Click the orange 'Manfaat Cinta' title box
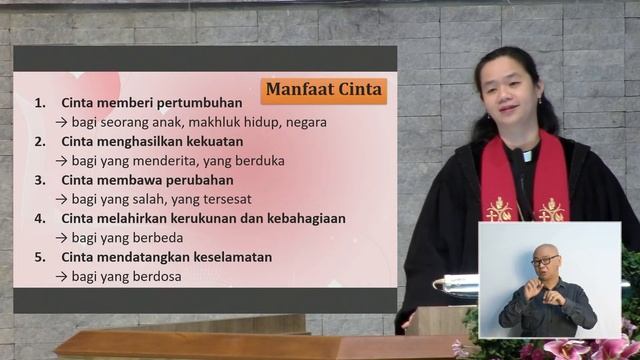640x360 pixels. click(x=324, y=91)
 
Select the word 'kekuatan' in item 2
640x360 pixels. click(x=212, y=141)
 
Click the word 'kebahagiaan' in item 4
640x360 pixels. click(x=303, y=218)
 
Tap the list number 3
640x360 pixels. click(x=40, y=180)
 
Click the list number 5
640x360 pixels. click(x=40, y=257)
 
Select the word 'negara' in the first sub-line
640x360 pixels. click(x=304, y=122)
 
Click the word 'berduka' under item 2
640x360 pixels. click(x=259, y=160)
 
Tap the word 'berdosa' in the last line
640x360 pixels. click(x=156, y=276)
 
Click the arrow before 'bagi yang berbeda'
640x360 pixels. click(x=61, y=238)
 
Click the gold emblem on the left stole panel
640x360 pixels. click(x=498, y=210)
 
